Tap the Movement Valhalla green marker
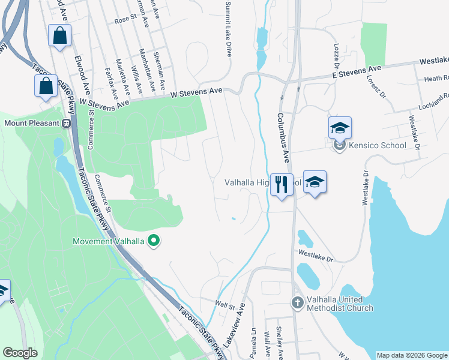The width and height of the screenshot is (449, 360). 154,241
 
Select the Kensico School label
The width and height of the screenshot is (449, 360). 376,145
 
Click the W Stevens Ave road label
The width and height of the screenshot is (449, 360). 196,92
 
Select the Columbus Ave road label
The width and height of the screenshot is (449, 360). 284,137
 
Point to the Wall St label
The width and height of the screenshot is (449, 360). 224,307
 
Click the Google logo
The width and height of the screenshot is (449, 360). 20,353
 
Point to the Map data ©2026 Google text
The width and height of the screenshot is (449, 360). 411,355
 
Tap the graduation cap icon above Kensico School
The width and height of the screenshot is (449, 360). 339,127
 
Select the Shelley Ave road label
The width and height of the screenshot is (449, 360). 280,339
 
